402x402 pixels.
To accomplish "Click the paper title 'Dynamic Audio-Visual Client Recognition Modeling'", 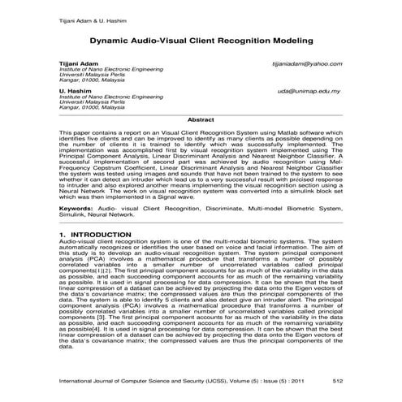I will click(201, 37).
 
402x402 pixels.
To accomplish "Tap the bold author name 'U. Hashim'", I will click(72, 90).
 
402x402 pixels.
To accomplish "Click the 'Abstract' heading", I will click(201, 119).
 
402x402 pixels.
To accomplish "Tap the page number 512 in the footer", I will click(337, 379).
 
